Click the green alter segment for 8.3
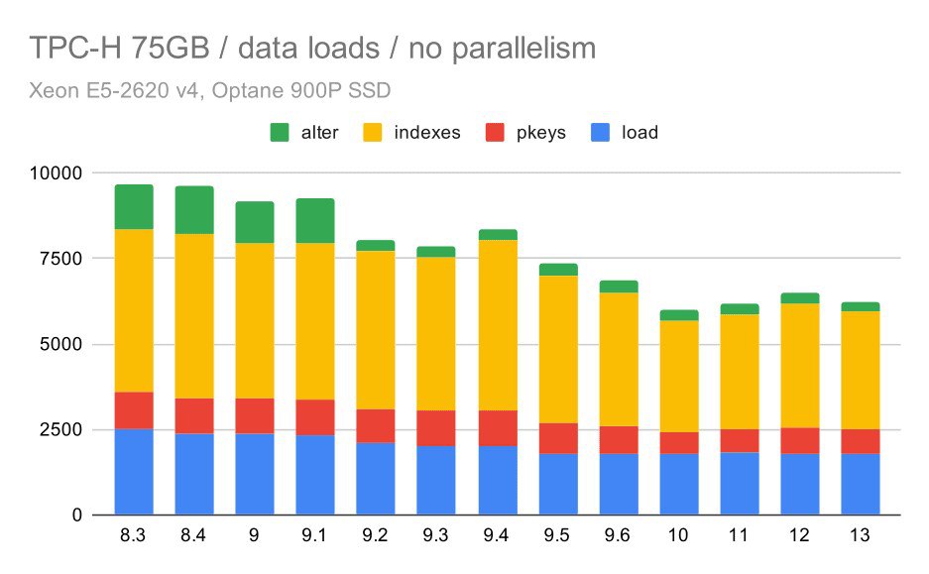(133, 206)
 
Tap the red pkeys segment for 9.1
(315, 417)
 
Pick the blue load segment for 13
(861, 484)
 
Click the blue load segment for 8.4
(194, 474)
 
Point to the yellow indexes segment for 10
(679, 376)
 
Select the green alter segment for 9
(255, 222)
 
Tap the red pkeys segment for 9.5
(558, 438)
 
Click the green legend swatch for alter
(280, 132)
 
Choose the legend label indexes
(427, 132)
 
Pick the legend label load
(639, 132)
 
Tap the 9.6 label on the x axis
(619, 535)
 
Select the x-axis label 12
(800, 535)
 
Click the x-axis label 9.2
(376, 535)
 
